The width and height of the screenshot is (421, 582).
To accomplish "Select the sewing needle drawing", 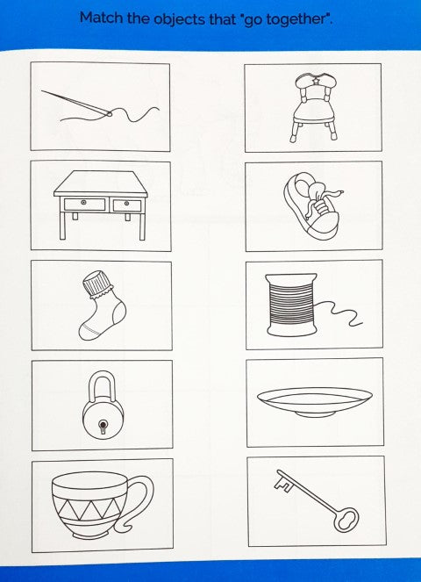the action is (x=76, y=102).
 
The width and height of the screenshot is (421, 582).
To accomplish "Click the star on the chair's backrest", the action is (x=316, y=80).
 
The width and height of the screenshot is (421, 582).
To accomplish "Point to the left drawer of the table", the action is (x=84, y=205).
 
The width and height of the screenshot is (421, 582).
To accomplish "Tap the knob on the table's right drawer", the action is (x=127, y=204).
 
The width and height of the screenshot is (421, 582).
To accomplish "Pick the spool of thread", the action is (x=292, y=305).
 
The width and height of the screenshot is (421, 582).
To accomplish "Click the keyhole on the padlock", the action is (x=103, y=426).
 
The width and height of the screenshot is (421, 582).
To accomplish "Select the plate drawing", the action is (x=315, y=402).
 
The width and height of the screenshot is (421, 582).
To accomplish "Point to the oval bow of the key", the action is (x=346, y=520).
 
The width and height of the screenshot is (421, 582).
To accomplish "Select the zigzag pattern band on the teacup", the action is (x=89, y=508).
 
